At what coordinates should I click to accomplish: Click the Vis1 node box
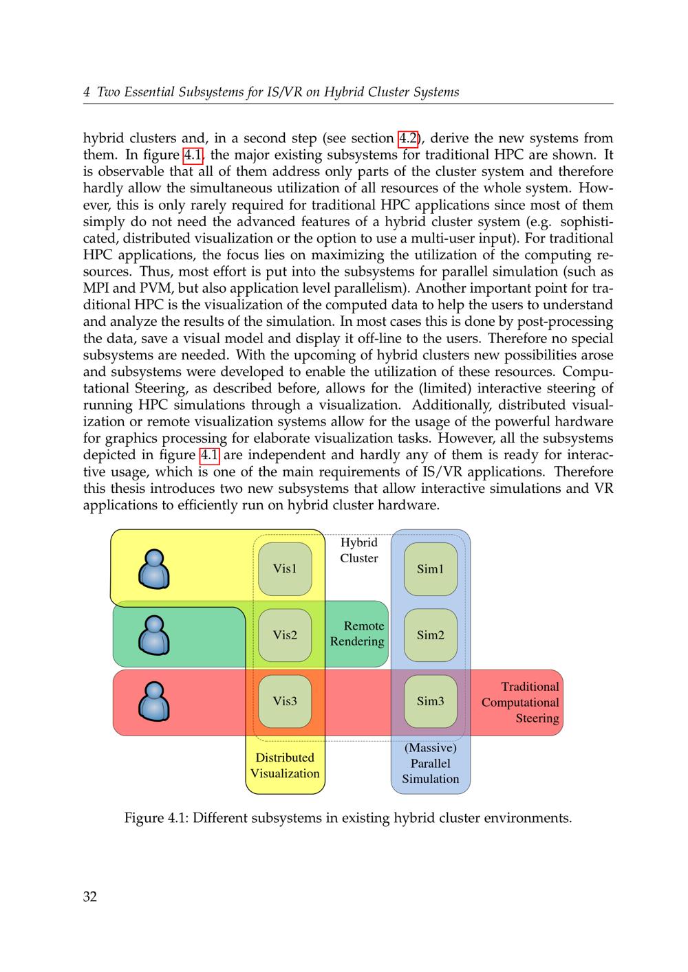tap(285, 568)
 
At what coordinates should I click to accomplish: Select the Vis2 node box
tap(285, 634)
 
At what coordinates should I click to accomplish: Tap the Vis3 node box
tap(285, 701)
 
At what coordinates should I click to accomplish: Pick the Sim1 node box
tap(431, 568)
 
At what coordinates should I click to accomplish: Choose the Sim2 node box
tap(431, 634)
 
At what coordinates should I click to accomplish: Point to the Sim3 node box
tap(431, 701)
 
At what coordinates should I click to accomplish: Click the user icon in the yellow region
tap(154, 570)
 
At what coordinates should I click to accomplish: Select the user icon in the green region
tap(154, 635)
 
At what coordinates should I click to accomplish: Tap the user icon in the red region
tap(154, 701)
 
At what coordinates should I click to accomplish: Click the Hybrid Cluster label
tap(359, 550)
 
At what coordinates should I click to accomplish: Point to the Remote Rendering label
tap(358, 633)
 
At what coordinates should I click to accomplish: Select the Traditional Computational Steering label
tap(521, 702)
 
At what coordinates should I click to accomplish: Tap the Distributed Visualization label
tap(285, 765)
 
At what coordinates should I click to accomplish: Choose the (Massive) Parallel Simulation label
tap(431, 763)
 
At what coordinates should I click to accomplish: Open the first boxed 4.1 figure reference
tap(193, 155)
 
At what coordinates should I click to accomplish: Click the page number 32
tap(90, 896)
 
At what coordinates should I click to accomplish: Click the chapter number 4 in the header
tap(87, 92)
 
